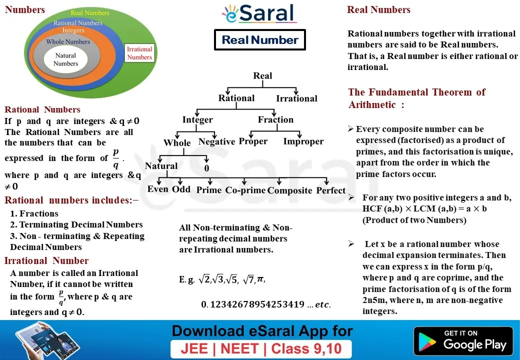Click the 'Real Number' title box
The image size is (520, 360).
[x=260, y=40]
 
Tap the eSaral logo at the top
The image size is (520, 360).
[x=259, y=13]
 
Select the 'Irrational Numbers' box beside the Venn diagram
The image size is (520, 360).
[x=139, y=53]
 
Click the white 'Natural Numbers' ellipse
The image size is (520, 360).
[x=65, y=59]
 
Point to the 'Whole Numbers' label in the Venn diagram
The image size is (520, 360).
[x=68, y=42]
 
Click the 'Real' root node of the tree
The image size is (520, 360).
[x=262, y=75]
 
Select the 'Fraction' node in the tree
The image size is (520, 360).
[x=275, y=119]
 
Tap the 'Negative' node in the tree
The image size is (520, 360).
[x=216, y=142]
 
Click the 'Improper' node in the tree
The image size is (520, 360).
[x=303, y=141]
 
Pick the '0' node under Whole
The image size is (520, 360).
[x=206, y=168]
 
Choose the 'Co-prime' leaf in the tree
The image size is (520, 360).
[x=245, y=190]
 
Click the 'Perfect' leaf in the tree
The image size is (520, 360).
[x=331, y=190]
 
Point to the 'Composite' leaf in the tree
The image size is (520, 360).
[x=290, y=190]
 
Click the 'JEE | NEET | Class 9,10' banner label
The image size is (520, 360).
[x=261, y=348]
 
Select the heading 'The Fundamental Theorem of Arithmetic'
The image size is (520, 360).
[x=416, y=98]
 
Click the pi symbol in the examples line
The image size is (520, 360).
[x=260, y=279]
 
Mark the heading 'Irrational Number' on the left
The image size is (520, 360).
[x=46, y=260]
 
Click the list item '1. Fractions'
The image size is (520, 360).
[x=34, y=213]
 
